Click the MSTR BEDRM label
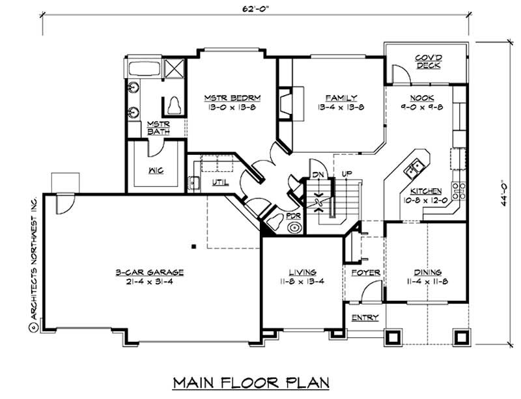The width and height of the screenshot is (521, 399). click(x=232, y=98)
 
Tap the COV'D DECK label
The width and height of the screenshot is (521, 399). click(x=428, y=62)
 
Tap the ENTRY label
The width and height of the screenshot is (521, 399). click(x=364, y=318)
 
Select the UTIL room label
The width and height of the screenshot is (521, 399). click(x=219, y=182)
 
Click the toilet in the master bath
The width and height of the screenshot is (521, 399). click(x=174, y=103)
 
